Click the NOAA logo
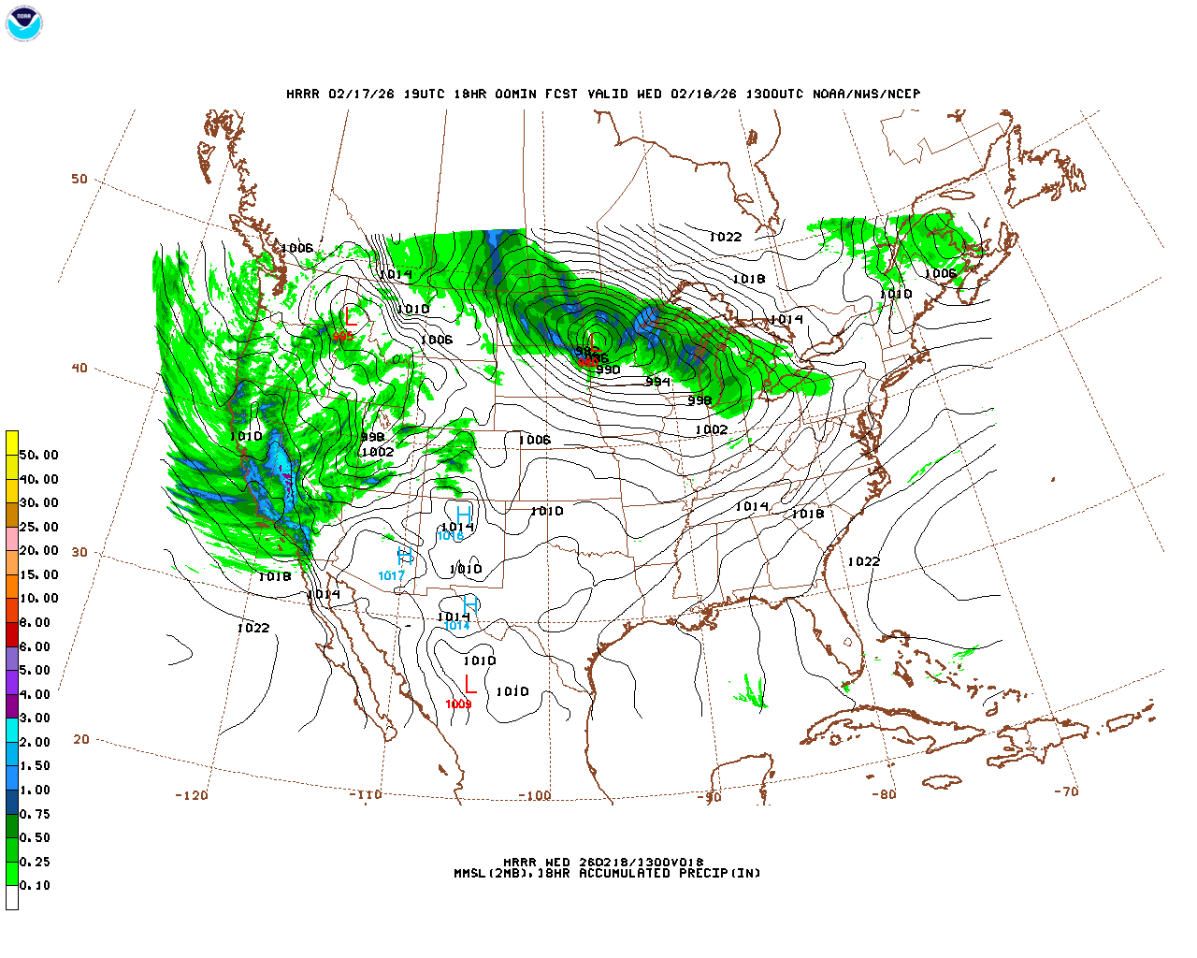click(24, 23)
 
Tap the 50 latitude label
click(79, 179)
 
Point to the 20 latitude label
click(81, 739)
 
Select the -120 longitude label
click(191, 795)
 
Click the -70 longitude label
click(1066, 791)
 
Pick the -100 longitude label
click(534, 795)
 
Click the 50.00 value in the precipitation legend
click(38, 455)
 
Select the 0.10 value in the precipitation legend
click(35, 885)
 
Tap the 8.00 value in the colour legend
click(35, 622)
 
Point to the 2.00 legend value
click(35, 742)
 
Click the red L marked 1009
click(470, 685)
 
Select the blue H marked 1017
click(405, 556)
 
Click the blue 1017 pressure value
click(391, 576)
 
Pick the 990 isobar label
click(608, 370)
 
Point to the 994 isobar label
click(657, 382)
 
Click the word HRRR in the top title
click(303, 94)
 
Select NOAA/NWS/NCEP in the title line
click(866, 94)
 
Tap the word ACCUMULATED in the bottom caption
click(624, 873)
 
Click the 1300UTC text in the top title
click(773, 94)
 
